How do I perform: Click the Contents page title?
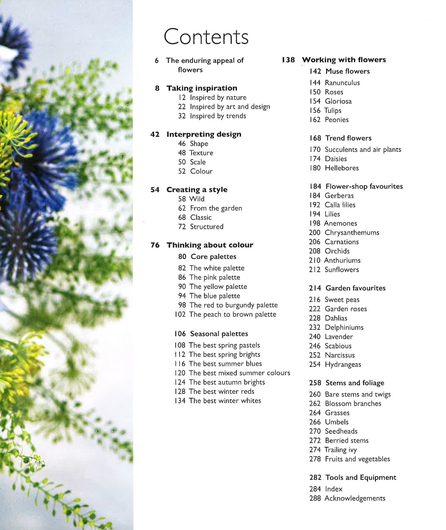(x=206, y=37)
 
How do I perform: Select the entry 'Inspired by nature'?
(x=218, y=97)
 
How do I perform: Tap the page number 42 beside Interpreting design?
(x=155, y=134)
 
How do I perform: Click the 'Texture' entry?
(x=201, y=153)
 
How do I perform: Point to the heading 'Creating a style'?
(x=197, y=190)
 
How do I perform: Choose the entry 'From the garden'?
(x=216, y=208)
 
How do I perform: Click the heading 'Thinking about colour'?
(x=210, y=245)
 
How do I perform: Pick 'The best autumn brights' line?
(x=227, y=382)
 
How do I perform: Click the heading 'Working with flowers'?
(x=344, y=60)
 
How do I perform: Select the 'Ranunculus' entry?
(x=342, y=83)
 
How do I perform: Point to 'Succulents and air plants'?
(x=363, y=149)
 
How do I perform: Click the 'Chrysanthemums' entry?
(x=352, y=233)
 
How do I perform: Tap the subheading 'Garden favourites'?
(x=355, y=288)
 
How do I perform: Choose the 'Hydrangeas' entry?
(x=343, y=365)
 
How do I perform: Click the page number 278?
(x=315, y=459)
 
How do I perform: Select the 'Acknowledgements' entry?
(x=355, y=498)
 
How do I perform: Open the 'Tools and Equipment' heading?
(x=361, y=477)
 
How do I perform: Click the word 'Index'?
(x=334, y=489)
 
